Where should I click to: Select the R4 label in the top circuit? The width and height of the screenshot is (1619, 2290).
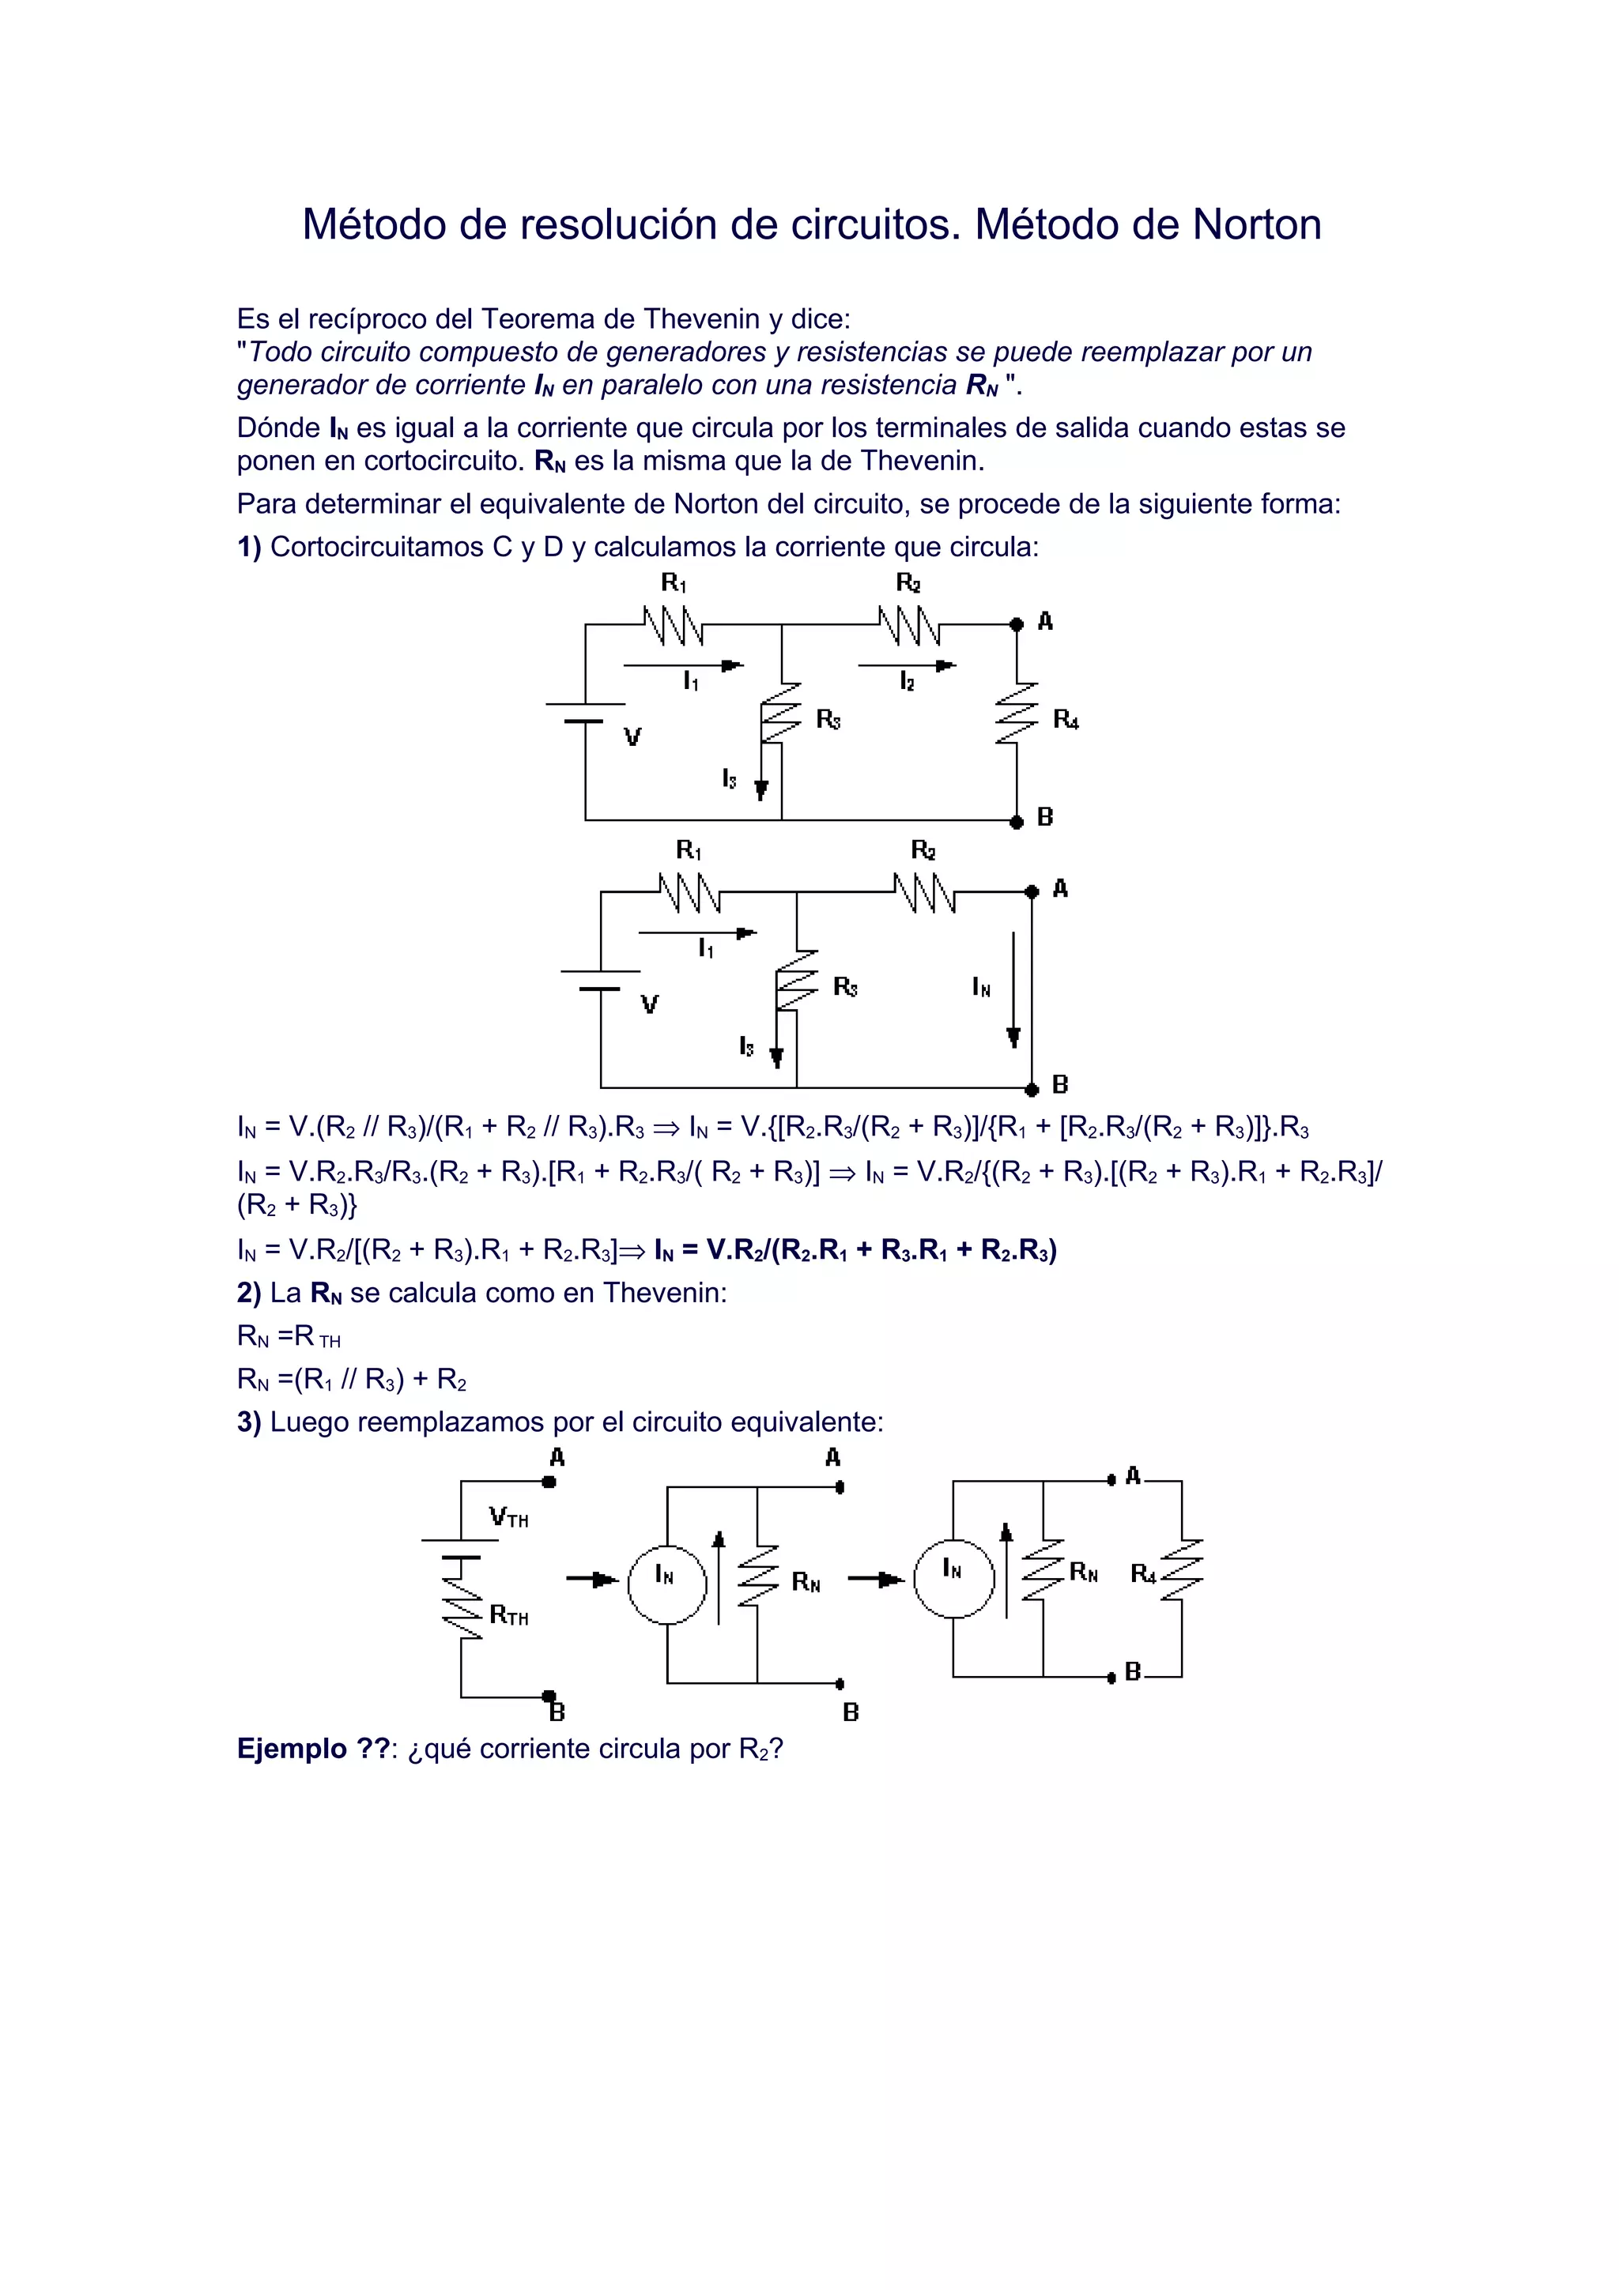(x=1066, y=719)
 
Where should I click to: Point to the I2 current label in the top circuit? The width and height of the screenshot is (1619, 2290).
(x=907, y=682)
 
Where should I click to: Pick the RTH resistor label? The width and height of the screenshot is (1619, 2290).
(x=509, y=1616)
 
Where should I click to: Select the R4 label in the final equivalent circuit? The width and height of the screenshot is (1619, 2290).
(x=1143, y=1574)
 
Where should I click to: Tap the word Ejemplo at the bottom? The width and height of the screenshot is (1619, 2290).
(x=291, y=1750)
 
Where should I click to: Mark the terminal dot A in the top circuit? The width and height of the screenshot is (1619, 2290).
(x=1017, y=624)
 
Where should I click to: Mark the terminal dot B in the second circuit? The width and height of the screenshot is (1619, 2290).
(x=1032, y=1087)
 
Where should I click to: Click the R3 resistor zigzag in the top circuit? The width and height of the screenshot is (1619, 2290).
(x=781, y=714)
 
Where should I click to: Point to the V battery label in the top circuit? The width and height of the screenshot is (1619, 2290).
(x=632, y=738)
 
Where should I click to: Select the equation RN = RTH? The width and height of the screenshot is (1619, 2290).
(x=289, y=1336)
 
